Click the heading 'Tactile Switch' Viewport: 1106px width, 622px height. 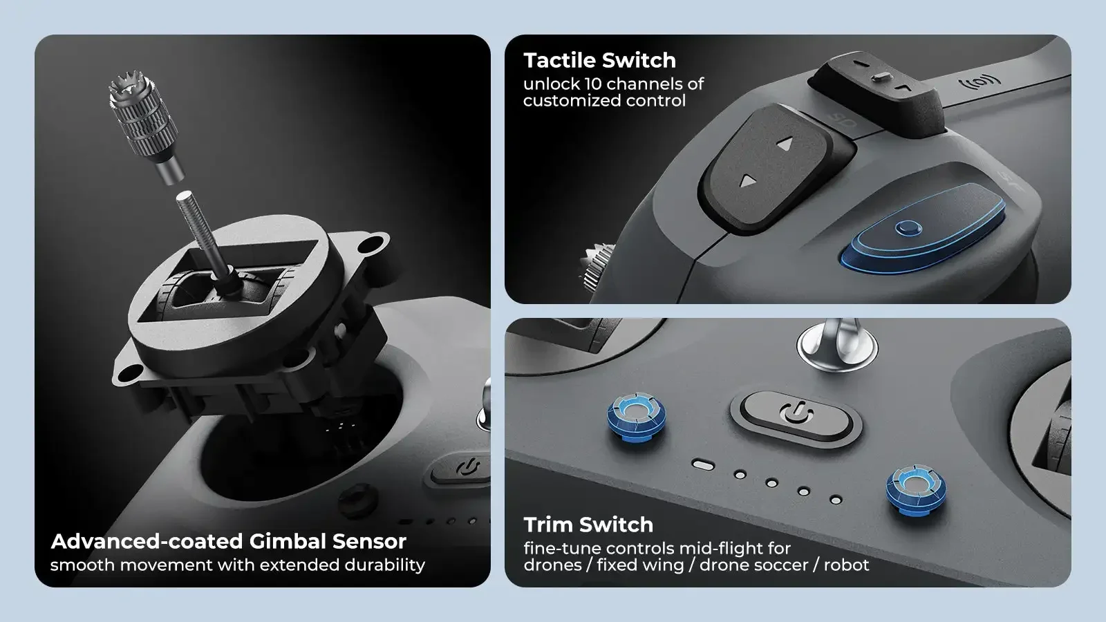(x=599, y=60)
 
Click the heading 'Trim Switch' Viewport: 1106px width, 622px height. (x=588, y=525)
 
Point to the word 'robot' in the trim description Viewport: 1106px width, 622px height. (x=846, y=565)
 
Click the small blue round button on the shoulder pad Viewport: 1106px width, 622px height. (x=908, y=228)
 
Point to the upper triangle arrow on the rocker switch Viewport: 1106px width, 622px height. (x=785, y=144)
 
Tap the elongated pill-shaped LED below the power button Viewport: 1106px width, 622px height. (x=703, y=464)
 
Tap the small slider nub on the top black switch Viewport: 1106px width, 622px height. (x=882, y=77)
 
